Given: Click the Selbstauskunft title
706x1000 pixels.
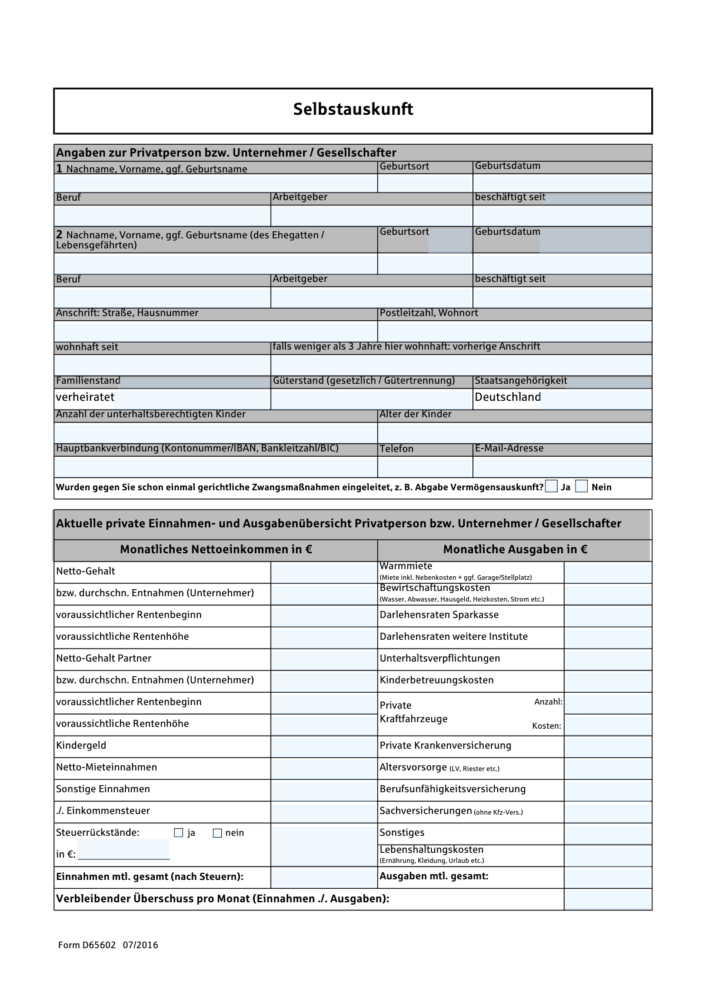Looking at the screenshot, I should point(353,109).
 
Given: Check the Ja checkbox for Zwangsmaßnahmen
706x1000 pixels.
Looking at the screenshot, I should point(551,486).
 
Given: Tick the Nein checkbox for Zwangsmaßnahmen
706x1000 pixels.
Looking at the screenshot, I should point(581,486).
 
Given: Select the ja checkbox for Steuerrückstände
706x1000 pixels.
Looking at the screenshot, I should point(179,833).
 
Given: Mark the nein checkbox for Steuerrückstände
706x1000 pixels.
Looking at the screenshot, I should point(217,833).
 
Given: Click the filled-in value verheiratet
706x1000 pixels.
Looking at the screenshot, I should point(85,397).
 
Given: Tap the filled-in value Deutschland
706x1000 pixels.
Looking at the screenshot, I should point(508,397).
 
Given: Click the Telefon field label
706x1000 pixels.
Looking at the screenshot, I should point(397,449).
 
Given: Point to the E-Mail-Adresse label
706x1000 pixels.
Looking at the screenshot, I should point(509,448).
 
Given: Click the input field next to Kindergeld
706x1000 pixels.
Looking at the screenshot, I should point(324,746).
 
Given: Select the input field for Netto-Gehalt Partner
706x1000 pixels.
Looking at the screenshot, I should point(324,659).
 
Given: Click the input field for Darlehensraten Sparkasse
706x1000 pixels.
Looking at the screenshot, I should point(608,616).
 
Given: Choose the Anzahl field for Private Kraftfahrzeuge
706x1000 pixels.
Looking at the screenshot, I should point(608,703).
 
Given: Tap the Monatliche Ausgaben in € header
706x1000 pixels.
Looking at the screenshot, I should point(515,550).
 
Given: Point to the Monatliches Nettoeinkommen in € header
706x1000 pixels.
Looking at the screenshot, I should point(216,550).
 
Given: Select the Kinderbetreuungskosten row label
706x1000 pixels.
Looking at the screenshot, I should point(437,680).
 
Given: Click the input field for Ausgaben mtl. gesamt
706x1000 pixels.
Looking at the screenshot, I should point(608,877).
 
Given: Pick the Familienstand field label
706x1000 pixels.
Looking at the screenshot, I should point(88,381).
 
